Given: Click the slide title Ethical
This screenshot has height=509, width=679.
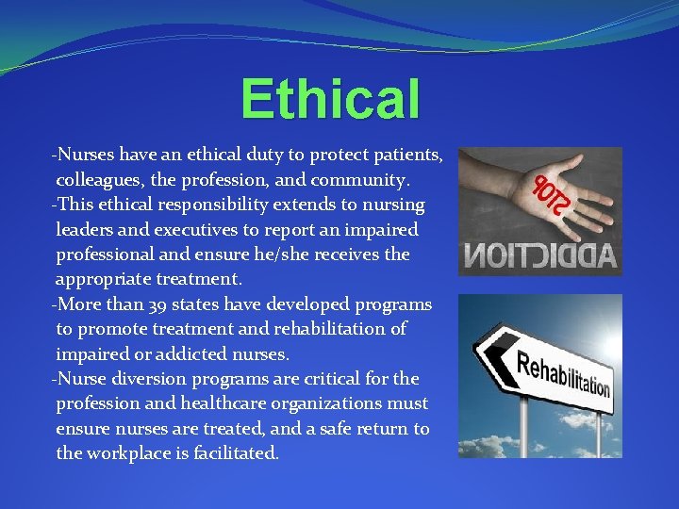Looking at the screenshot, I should coord(329,99).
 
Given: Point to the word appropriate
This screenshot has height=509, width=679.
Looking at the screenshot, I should coord(106,280).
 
